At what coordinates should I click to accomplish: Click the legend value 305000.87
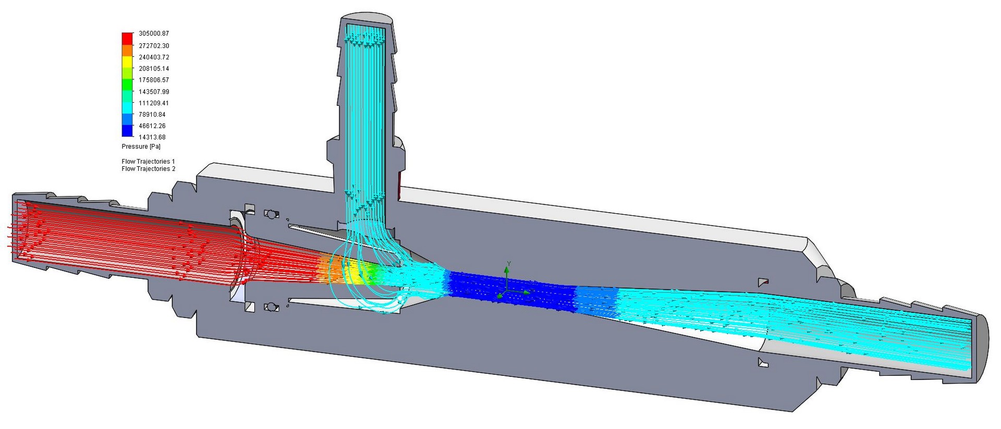[x=154, y=33]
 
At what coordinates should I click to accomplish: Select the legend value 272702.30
[x=154, y=46]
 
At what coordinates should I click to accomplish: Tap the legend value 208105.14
[x=154, y=69]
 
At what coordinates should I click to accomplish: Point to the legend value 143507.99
[x=154, y=92]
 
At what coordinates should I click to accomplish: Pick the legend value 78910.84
[x=152, y=115]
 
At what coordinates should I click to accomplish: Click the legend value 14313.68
[x=152, y=138]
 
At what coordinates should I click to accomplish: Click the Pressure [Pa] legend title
[x=141, y=146]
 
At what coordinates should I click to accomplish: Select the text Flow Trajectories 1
[x=148, y=162]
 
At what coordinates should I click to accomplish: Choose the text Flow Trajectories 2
[x=148, y=169]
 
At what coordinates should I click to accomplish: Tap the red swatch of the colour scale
[x=127, y=39]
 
